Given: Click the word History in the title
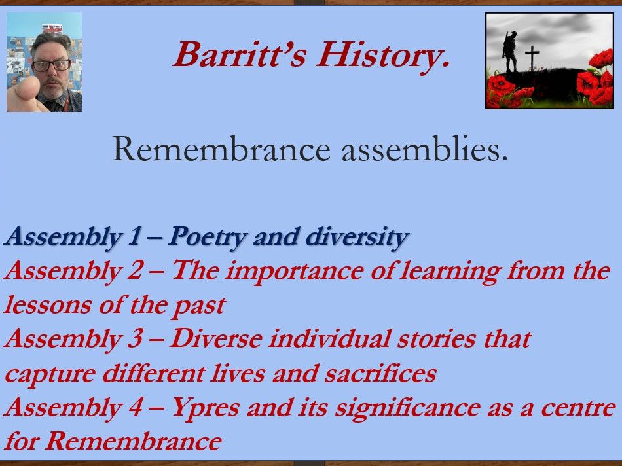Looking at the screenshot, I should [384, 55].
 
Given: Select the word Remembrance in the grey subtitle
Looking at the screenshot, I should [221, 151].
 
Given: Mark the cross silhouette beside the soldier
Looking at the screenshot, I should [532, 57].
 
